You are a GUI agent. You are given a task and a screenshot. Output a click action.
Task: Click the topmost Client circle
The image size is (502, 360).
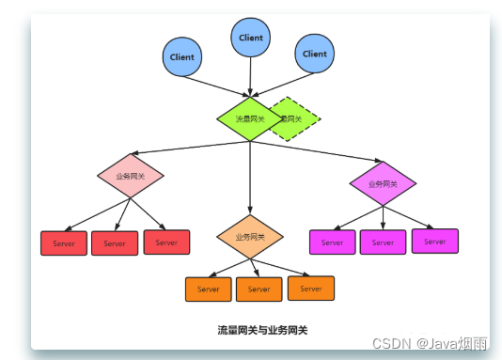point(251,38)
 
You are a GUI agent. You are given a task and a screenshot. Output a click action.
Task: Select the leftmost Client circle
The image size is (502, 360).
point(182,56)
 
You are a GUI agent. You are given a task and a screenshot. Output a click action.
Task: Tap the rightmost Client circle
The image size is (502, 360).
point(315,54)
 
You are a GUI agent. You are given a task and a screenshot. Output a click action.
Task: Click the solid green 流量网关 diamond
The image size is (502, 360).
point(250,119)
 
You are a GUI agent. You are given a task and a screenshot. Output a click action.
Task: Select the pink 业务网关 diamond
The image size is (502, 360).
point(131,176)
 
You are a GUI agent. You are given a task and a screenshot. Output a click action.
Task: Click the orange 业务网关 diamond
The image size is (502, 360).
point(250,237)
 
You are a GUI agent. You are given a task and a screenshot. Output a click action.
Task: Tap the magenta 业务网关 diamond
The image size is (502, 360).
point(383,184)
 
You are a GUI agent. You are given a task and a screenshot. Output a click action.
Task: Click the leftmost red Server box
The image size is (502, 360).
point(64,243)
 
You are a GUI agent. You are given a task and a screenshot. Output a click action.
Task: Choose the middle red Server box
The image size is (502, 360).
point(115,243)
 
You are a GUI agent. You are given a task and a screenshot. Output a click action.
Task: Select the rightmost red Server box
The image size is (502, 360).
point(166,243)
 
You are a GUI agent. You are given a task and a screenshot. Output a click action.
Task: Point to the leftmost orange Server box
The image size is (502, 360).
point(209,289)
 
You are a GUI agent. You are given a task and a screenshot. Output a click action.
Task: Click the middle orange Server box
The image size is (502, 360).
point(259,289)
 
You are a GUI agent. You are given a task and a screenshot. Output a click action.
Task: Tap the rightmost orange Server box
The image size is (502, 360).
point(310,288)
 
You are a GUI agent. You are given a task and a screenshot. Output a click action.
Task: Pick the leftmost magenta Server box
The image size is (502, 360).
point(333,243)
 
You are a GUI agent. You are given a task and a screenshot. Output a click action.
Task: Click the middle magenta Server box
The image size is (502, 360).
point(383,243)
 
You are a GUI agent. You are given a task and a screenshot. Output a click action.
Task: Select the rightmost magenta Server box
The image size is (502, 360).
point(434,241)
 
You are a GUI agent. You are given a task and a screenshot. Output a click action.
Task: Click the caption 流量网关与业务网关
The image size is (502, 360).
point(262,330)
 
